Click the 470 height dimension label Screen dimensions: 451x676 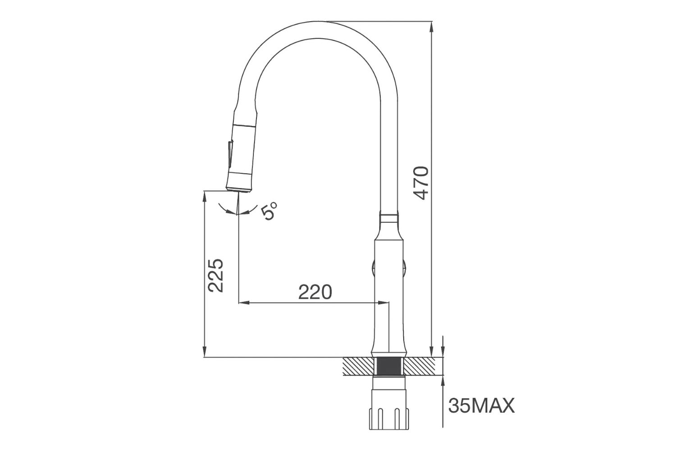(x=420, y=183)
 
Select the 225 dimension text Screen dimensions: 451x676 (x=216, y=275)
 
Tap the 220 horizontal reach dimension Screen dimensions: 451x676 (x=315, y=292)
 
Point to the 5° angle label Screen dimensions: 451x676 (x=269, y=211)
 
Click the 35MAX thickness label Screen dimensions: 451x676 (x=481, y=406)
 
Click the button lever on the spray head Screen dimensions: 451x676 (x=229, y=155)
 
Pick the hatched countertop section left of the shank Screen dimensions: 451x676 (x=359, y=366)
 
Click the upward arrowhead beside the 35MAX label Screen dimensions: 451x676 (x=443, y=381)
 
